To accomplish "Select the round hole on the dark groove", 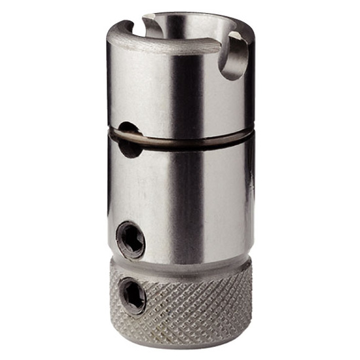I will (130, 139).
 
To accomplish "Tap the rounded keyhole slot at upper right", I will (232, 59).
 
